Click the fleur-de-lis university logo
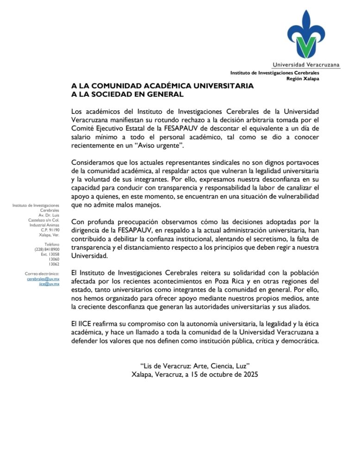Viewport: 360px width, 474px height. [x=306, y=35]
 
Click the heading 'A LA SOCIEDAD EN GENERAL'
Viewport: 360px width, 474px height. [x=127, y=94]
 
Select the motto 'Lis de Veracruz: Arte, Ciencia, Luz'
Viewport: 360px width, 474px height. [x=194, y=366]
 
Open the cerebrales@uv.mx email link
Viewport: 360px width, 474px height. [x=43, y=279]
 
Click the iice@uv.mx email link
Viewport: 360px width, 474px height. [x=50, y=284]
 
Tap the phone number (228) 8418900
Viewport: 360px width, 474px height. [x=47, y=249]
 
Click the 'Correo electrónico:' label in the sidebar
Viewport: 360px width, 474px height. [x=42, y=274]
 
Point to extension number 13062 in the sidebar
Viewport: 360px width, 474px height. [x=54, y=264]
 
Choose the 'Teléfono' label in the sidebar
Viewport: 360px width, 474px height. [x=52, y=244]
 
